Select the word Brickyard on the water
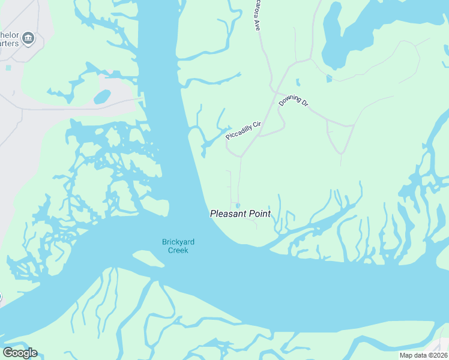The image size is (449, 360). pyautogui.click(x=178, y=242)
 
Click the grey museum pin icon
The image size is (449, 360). pyautogui.click(x=28, y=40)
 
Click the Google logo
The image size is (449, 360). pyautogui.click(x=20, y=353)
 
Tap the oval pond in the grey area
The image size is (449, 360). pyautogui.click(x=102, y=97)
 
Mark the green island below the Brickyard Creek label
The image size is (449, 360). pyautogui.click(x=148, y=259)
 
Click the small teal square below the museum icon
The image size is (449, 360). pyautogui.click(x=8, y=67)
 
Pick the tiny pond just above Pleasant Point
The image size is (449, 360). pyautogui.click(x=238, y=205)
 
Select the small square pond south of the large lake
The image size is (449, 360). pyautogui.click(x=328, y=78)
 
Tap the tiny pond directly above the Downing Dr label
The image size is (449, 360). pyautogui.click(x=297, y=82)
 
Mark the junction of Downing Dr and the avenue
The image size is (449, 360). pyautogui.click(x=275, y=92)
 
